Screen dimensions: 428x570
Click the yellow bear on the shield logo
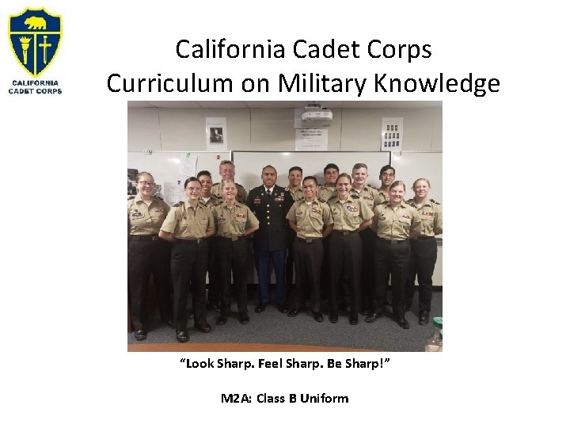click(x=35, y=20)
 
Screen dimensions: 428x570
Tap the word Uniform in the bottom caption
click(x=323, y=398)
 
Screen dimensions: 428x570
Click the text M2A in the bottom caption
click(x=234, y=398)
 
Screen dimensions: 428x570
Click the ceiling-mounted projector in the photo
click(x=317, y=115)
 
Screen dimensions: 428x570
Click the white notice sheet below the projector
click(x=311, y=139)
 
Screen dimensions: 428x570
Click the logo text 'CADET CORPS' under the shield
click(x=36, y=91)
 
